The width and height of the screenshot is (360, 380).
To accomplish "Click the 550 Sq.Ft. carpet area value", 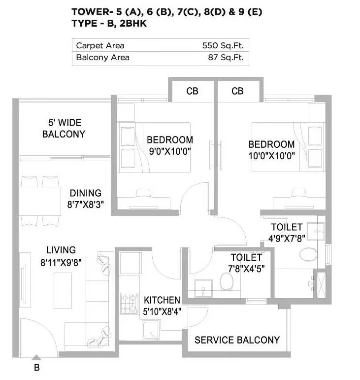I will point(223,46).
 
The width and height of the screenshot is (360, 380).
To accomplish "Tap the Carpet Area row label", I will point(100,46).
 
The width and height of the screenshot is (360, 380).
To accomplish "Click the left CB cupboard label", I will point(192,91).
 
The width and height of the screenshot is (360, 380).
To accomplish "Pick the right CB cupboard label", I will point(237,91).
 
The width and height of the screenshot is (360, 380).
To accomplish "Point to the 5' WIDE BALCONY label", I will point(64,128).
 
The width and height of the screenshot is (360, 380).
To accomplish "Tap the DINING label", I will point(85,193).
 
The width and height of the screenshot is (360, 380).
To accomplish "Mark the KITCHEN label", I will point(162,300).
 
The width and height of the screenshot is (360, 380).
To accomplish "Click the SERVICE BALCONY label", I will point(237,340).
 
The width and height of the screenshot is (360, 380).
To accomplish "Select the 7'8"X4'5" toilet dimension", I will point(246,269).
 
